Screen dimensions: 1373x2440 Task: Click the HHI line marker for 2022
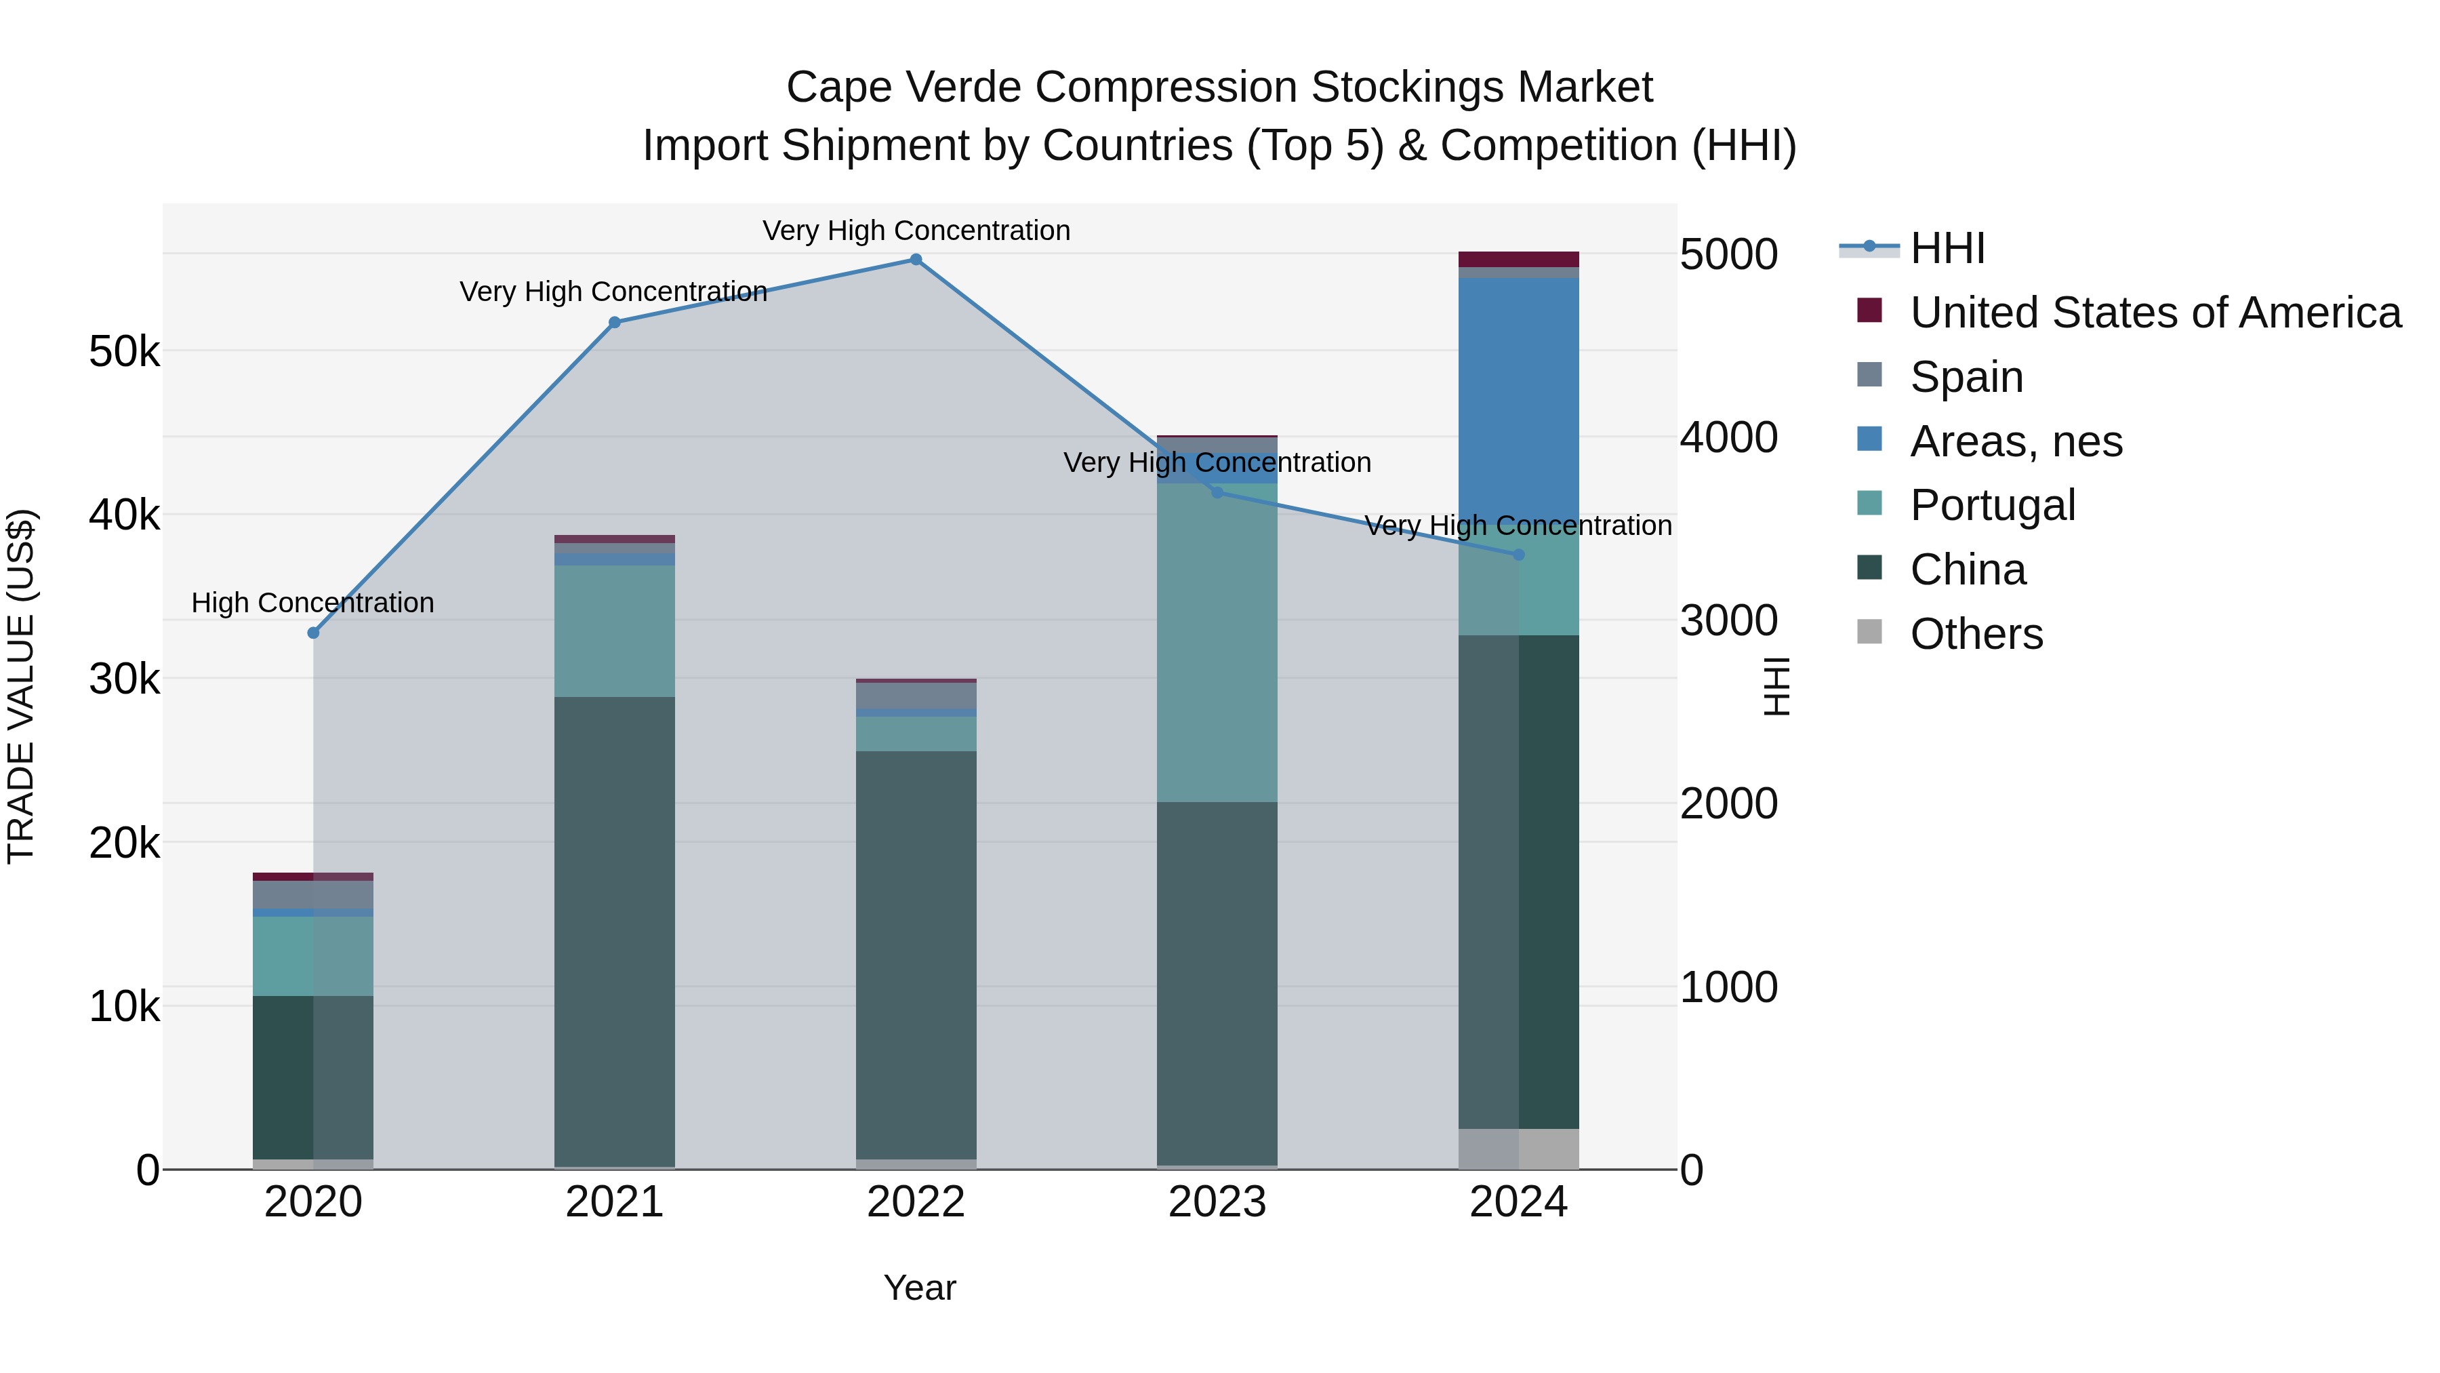tap(915, 260)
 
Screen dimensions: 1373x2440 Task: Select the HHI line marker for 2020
tap(314, 633)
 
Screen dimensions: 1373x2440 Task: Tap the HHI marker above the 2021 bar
tap(614, 322)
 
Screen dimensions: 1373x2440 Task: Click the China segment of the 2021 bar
tap(614, 929)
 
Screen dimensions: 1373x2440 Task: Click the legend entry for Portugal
tap(1992, 505)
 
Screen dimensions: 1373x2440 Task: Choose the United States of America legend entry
tap(2155, 313)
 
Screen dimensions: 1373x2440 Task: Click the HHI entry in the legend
tap(1947, 248)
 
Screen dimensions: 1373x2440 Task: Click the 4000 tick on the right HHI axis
tap(1728, 438)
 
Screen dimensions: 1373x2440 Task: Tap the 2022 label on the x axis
tap(915, 1202)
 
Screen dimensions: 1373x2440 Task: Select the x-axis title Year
tap(919, 1288)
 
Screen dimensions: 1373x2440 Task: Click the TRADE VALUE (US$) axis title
tap(21, 686)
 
